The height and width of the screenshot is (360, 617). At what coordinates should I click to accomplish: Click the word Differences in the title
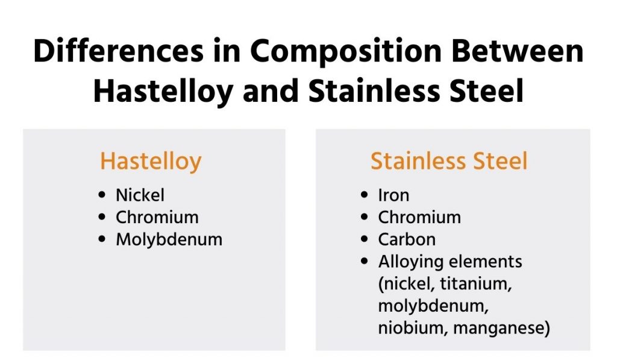pos(119,51)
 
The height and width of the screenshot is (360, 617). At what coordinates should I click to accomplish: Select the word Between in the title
pos(518,51)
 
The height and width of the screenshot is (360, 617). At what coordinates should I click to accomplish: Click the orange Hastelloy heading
pos(151,162)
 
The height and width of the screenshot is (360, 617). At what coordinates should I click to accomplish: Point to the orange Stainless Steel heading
pos(448,160)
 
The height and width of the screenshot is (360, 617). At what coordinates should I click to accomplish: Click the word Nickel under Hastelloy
pos(140,195)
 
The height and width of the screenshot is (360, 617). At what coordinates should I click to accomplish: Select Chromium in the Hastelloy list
pos(157,217)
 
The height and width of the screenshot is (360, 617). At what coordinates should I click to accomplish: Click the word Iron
pos(393,195)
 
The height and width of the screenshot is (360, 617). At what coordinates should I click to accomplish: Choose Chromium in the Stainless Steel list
pos(419,217)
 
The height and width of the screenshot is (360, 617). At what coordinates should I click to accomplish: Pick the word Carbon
pos(407,239)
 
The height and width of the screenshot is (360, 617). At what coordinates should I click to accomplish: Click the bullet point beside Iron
pos(365,195)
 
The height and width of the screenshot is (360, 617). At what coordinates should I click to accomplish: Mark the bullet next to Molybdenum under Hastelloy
pos(102,239)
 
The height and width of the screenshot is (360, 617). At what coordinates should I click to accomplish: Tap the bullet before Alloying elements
pos(365,261)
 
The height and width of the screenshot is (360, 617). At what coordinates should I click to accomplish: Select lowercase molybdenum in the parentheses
pos(433,306)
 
